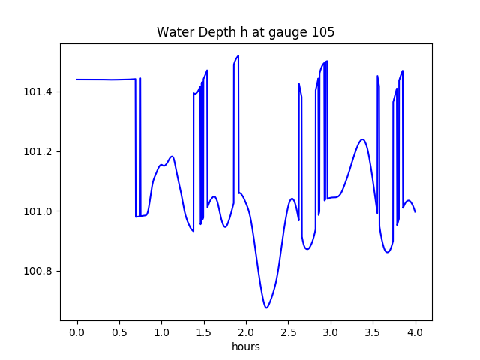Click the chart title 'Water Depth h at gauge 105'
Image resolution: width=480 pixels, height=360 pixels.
pyautogui.click(x=245, y=32)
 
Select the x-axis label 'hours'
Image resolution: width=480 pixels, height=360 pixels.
pyautogui.click(x=246, y=346)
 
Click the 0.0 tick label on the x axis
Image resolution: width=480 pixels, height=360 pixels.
pyautogui.click(x=76, y=332)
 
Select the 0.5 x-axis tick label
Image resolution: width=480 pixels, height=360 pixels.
pyautogui.click(x=119, y=332)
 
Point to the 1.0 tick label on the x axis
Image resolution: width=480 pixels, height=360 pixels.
pyautogui.click(x=161, y=332)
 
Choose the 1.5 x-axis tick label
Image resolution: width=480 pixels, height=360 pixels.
pyautogui.click(x=203, y=332)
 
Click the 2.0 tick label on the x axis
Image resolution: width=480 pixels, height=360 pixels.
pyautogui.click(x=246, y=332)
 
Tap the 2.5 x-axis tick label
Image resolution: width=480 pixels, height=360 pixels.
pyautogui.click(x=288, y=332)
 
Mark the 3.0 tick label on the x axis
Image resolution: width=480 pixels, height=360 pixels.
pyautogui.click(x=331, y=332)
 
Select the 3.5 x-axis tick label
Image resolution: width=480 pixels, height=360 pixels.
pyautogui.click(x=373, y=332)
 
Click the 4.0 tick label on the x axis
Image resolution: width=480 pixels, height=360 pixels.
pyautogui.click(x=415, y=332)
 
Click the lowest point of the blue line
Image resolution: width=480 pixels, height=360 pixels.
pyautogui.click(x=266, y=307)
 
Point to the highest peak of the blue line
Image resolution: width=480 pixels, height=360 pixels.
pyautogui.click(x=238, y=55)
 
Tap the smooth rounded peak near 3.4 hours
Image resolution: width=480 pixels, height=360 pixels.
pyautogui.click(x=363, y=139)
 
